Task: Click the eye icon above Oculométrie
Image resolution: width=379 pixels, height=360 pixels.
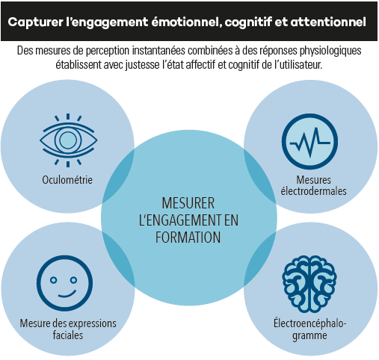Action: [68, 140]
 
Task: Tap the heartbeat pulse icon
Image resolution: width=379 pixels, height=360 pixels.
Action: [309, 142]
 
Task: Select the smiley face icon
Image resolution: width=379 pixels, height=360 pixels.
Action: [64, 283]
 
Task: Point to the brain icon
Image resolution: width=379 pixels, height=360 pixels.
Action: [309, 284]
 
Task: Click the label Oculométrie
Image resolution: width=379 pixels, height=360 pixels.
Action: [67, 180]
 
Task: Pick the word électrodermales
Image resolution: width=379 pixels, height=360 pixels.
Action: [314, 191]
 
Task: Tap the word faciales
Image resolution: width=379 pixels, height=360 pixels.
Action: [68, 335]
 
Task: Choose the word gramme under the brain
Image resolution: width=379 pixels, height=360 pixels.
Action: [309, 335]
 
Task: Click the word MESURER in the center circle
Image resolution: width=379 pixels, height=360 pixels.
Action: [188, 203]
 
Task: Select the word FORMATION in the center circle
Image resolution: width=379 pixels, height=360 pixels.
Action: [188, 238]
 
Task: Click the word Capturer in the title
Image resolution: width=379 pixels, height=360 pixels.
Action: [35, 22]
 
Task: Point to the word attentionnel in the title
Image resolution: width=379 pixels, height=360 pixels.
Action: [328, 22]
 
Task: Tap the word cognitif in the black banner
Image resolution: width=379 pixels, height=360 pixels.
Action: [248, 22]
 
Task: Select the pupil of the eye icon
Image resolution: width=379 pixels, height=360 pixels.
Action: [68, 140]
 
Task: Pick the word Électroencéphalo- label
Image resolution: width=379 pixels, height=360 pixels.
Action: [310, 323]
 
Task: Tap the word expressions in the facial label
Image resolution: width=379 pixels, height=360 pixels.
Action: [95, 323]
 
